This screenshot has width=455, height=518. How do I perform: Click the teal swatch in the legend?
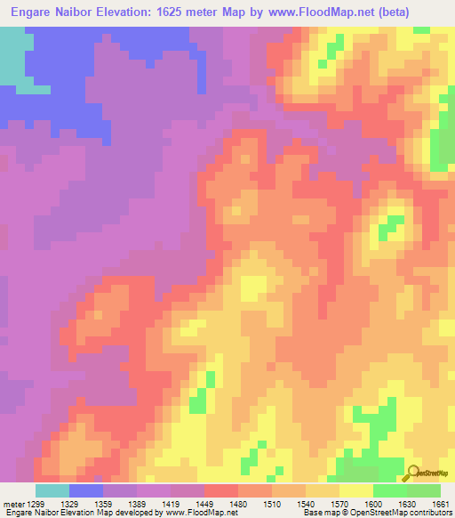[52, 490]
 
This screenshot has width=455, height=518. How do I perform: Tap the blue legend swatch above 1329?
[86, 490]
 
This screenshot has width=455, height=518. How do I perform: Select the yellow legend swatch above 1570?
[356, 490]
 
